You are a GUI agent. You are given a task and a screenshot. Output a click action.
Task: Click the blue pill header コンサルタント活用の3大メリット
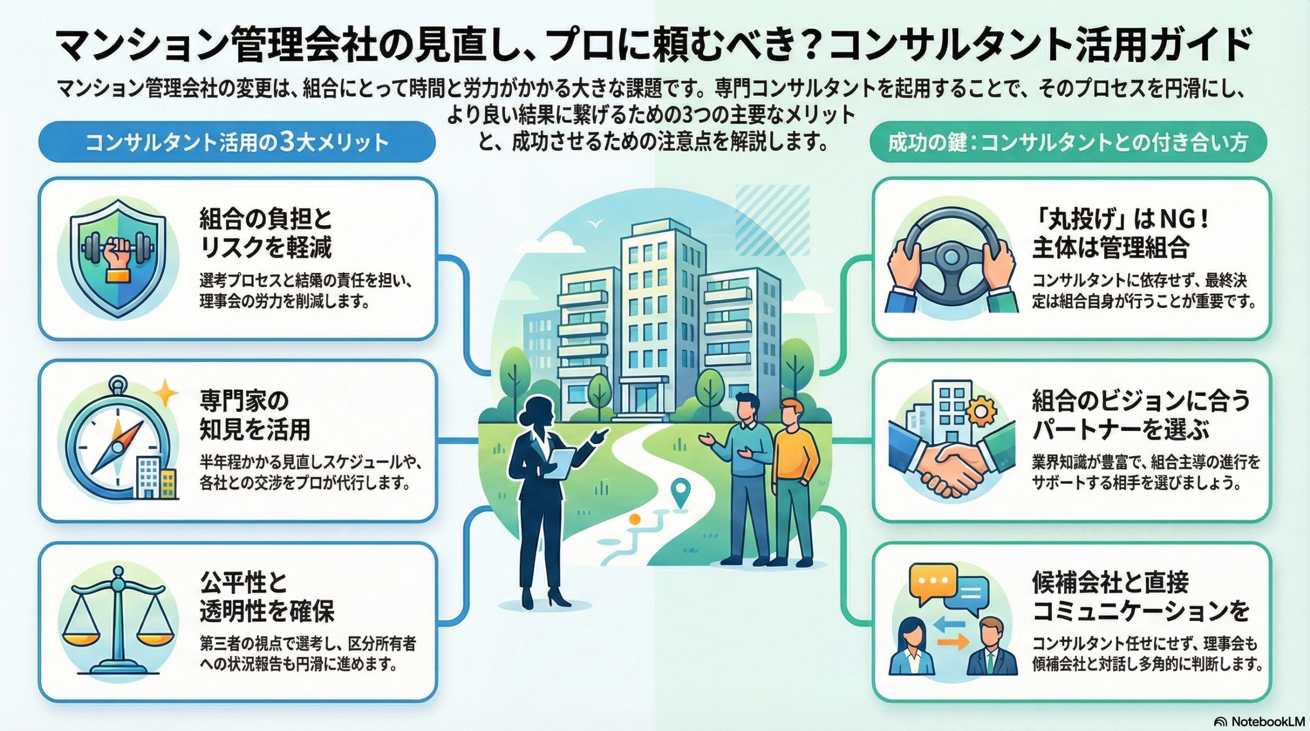coord(236,142)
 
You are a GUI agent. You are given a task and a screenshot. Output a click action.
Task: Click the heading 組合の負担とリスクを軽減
coord(266,233)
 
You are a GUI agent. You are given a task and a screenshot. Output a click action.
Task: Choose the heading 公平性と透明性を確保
coord(266,597)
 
